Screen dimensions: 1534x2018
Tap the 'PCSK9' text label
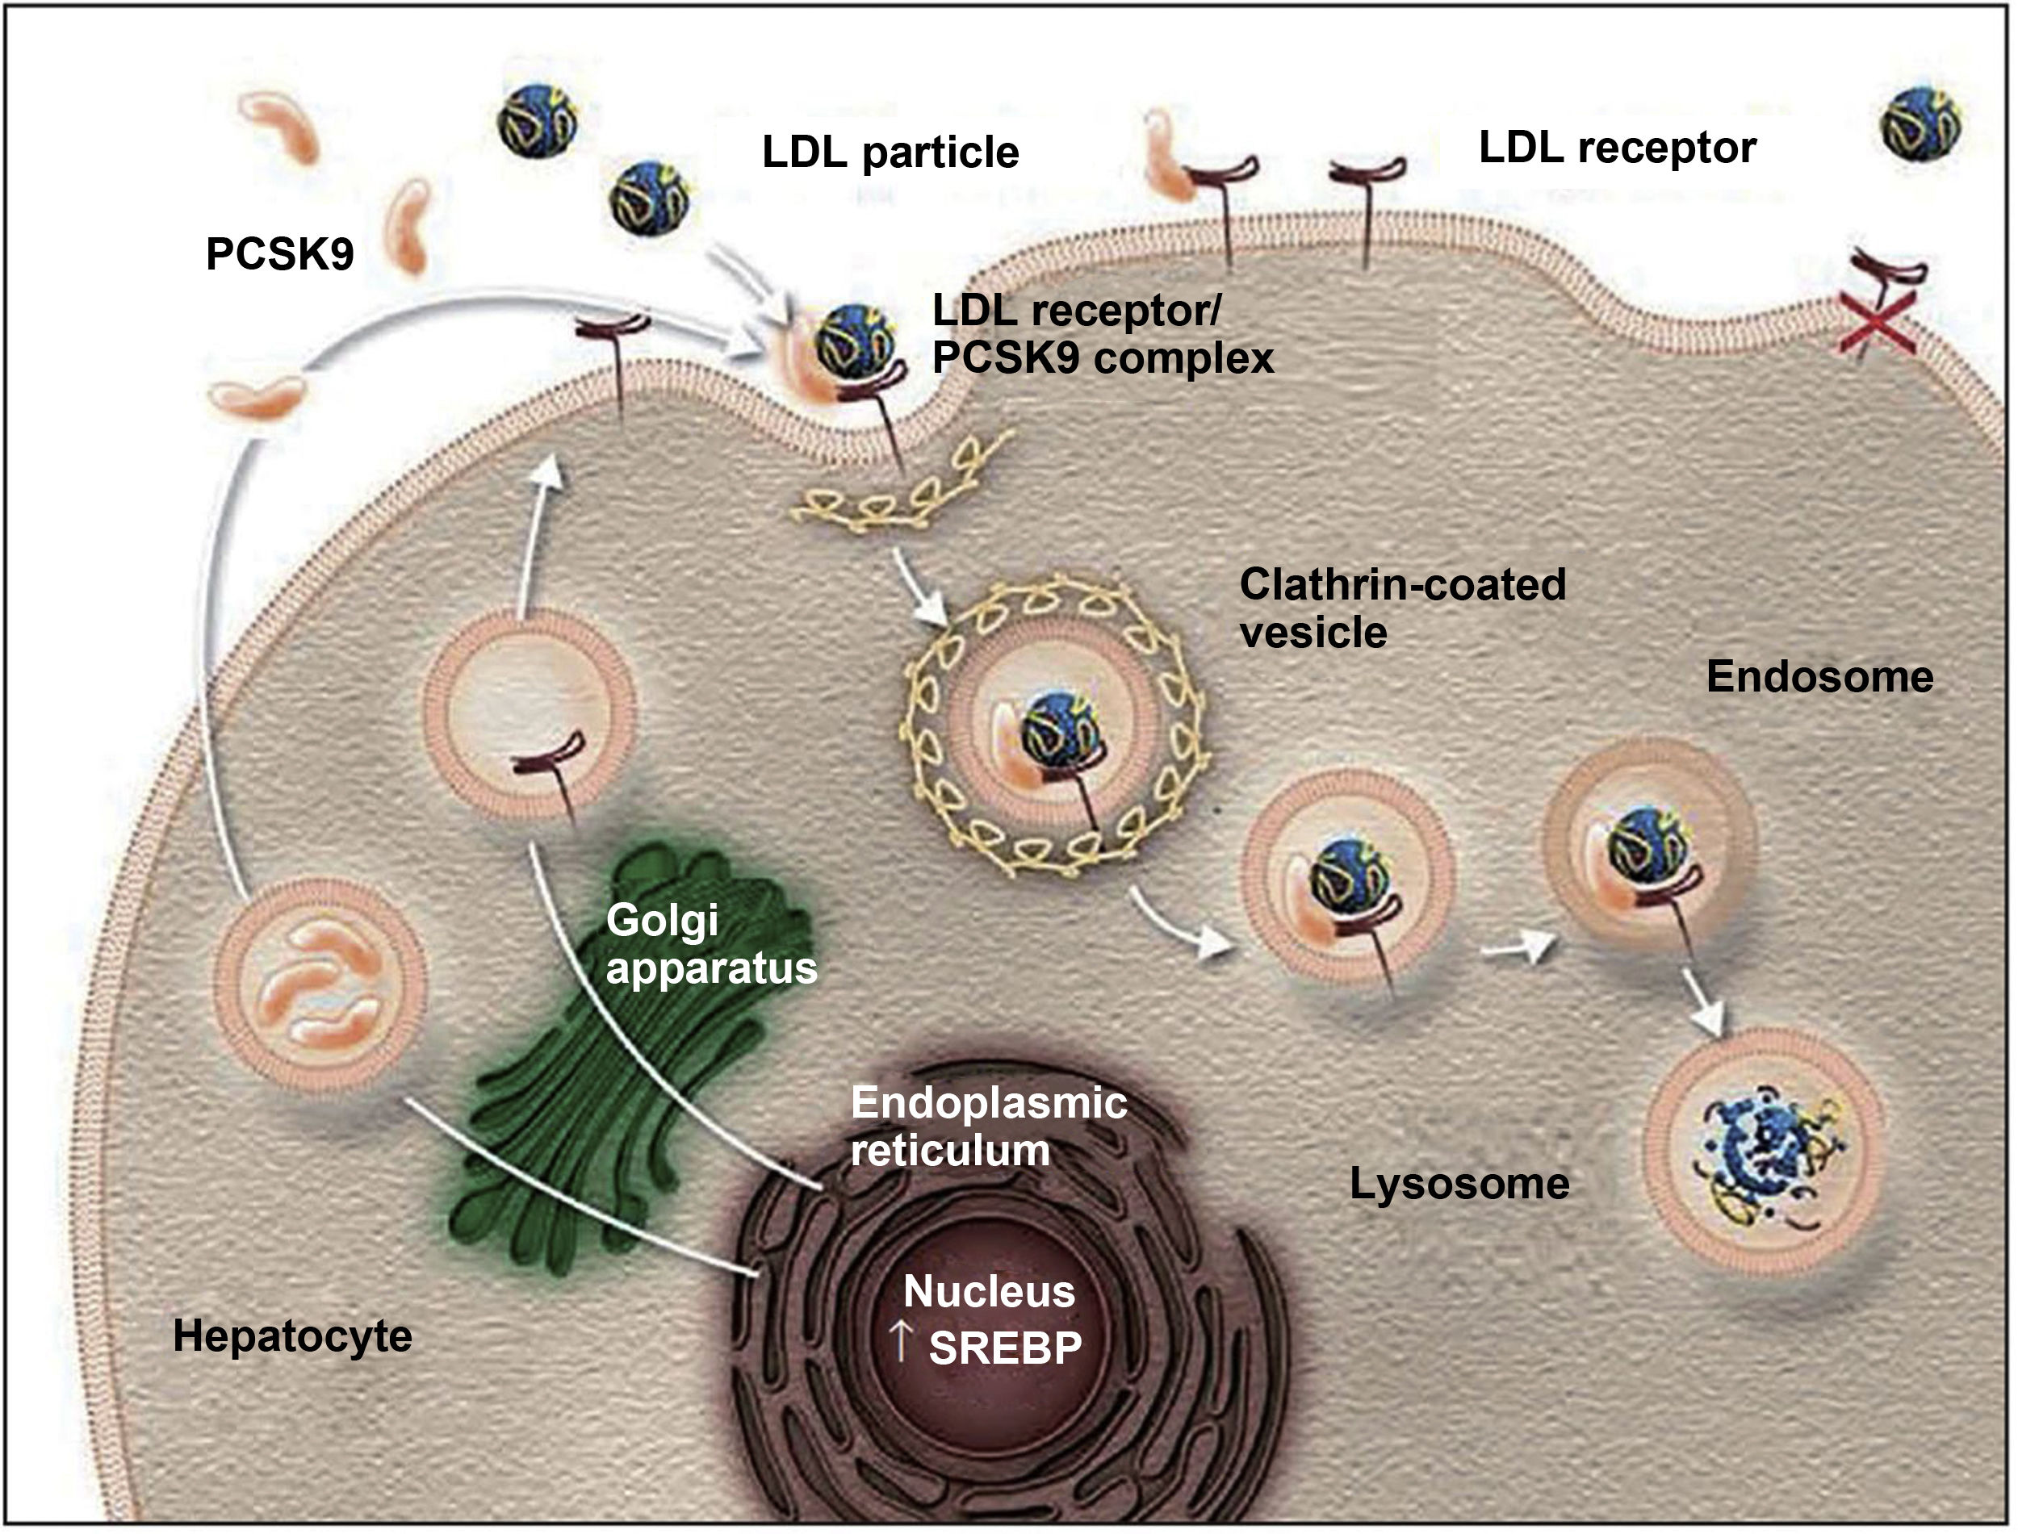point(279,254)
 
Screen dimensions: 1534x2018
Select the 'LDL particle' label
point(890,153)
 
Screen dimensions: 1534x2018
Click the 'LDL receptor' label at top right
point(1617,148)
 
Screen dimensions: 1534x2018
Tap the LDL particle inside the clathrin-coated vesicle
point(1059,730)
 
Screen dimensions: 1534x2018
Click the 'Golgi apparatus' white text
point(710,945)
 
